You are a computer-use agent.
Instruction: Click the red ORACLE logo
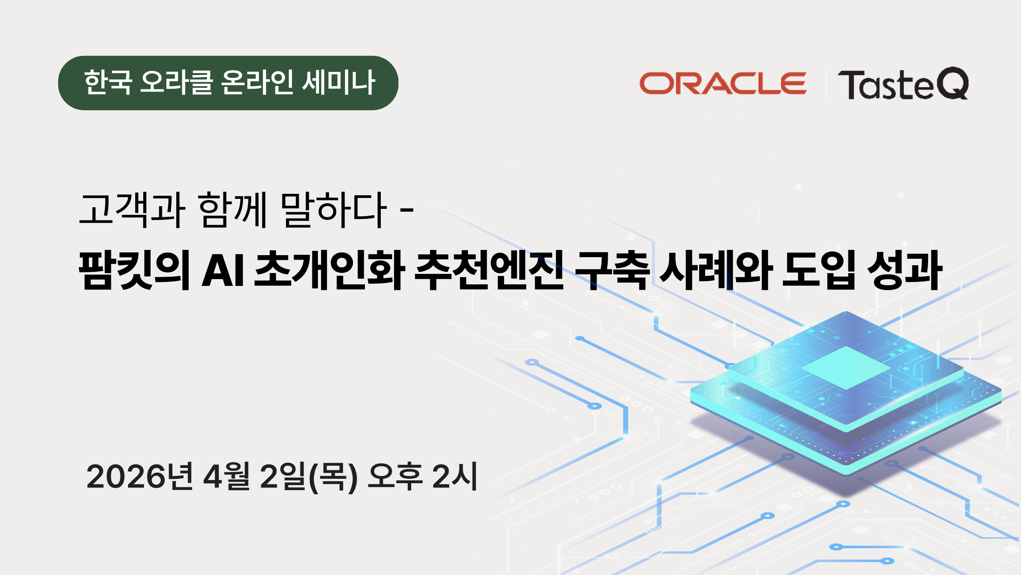(x=723, y=83)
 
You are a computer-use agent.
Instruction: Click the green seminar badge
(x=228, y=83)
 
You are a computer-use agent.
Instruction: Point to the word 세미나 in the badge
(x=339, y=82)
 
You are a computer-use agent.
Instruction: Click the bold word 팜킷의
(x=134, y=270)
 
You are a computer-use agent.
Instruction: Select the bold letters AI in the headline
(x=223, y=270)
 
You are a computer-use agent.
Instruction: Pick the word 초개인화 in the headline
(x=329, y=270)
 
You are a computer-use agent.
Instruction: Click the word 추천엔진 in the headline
(x=489, y=270)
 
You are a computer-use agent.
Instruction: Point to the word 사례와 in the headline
(x=716, y=270)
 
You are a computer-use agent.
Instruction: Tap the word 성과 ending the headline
(x=905, y=270)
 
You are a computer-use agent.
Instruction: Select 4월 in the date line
(x=227, y=476)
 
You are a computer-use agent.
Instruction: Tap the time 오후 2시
(x=423, y=476)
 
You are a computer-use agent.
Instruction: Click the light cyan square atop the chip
(x=846, y=367)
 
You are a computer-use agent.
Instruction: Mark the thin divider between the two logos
(x=826, y=83)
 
